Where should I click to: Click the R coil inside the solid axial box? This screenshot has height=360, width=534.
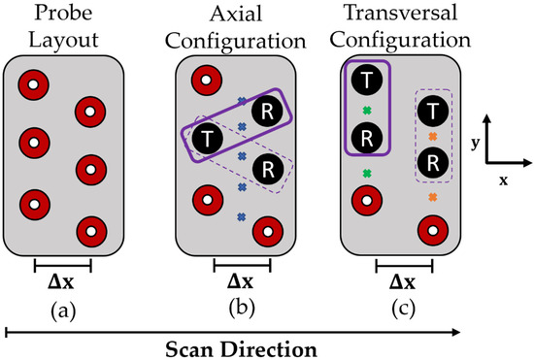263,112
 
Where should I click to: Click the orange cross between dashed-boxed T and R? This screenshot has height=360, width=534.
433,137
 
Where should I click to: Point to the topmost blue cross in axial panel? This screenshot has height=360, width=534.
241,100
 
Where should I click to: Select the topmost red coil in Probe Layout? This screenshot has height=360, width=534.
34,84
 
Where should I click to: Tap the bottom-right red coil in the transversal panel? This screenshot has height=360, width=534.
433,232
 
